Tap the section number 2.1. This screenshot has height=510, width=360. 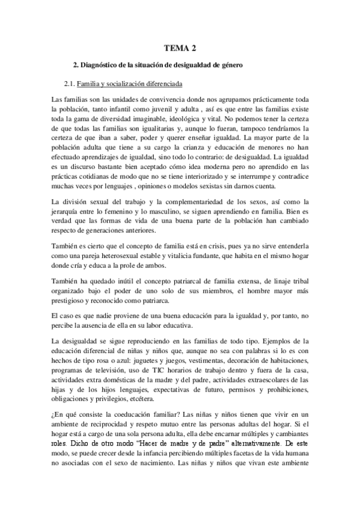(72, 84)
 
